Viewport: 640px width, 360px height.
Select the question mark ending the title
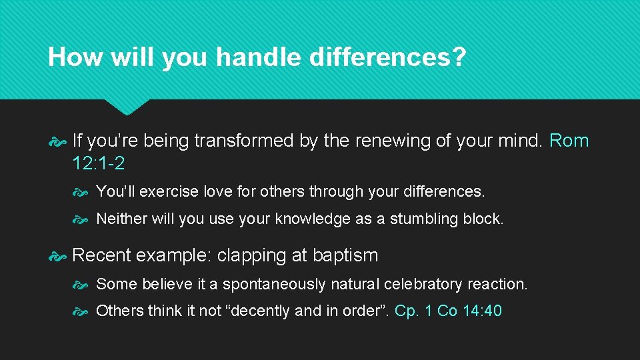coord(459,57)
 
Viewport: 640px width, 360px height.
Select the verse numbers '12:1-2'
coord(98,163)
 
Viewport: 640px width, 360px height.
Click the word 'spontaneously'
coord(273,284)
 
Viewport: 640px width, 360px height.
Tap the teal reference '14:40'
coord(481,311)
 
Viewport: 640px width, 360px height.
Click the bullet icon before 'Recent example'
coord(57,255)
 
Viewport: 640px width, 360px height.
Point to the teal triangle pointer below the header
coord(127,106)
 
